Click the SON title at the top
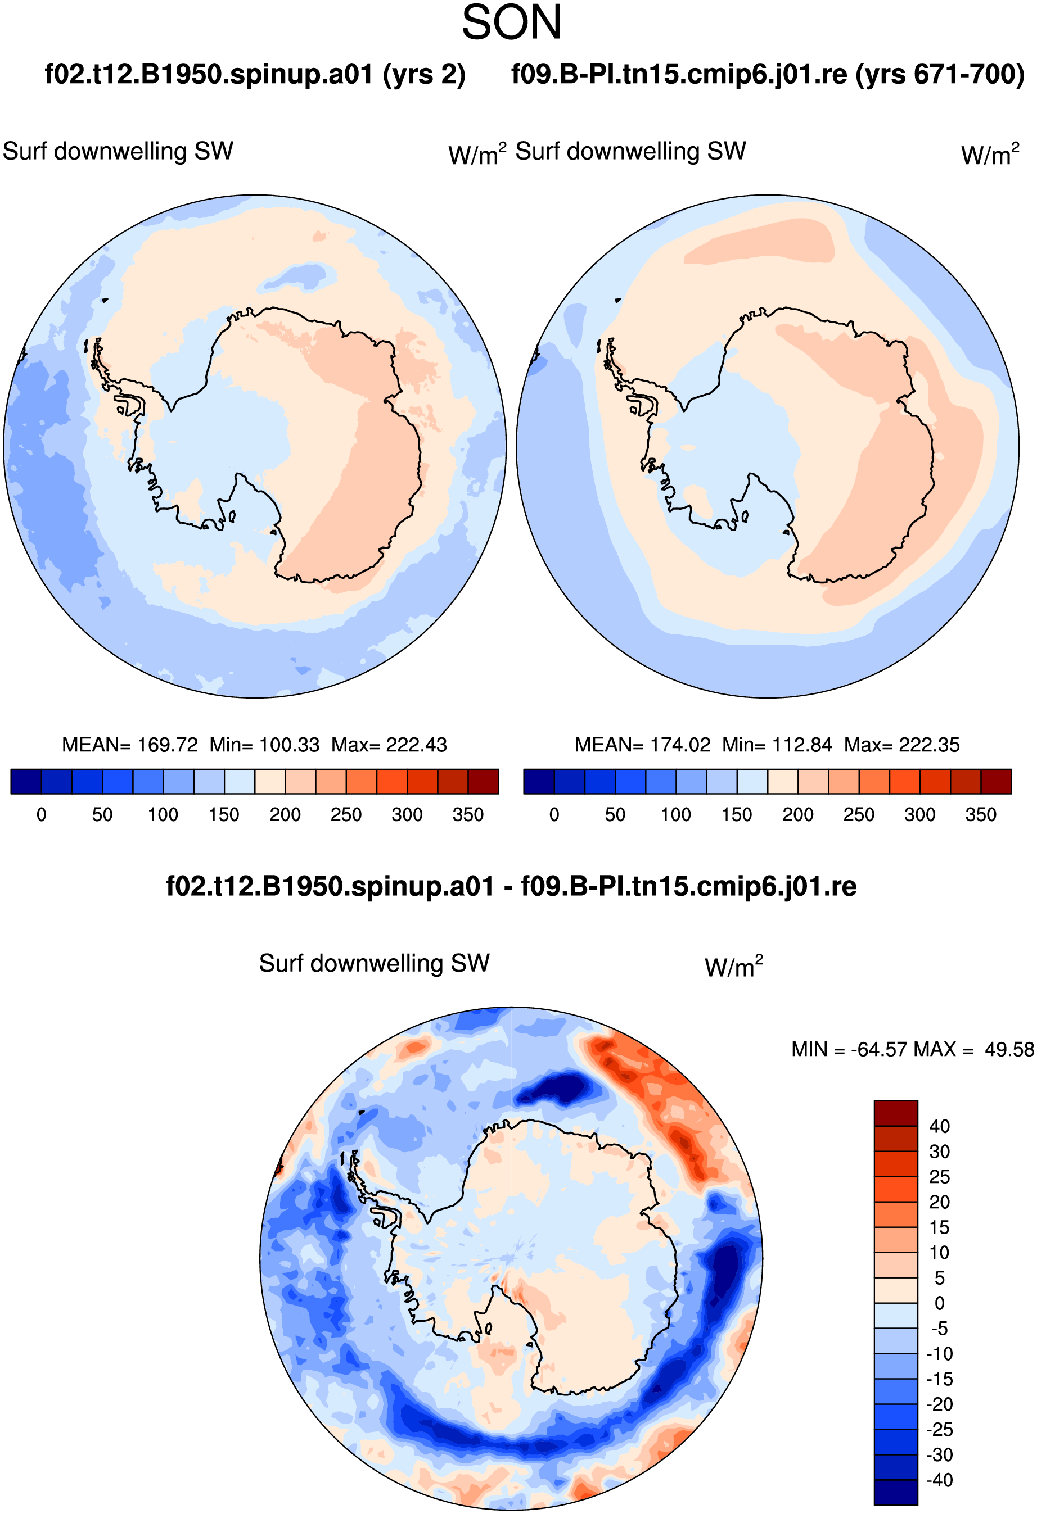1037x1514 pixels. (512, 23)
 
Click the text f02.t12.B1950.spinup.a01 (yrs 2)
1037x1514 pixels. (255, 74)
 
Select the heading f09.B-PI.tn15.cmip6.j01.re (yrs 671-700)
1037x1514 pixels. (768, 74)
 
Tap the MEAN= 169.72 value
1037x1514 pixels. (130, 745)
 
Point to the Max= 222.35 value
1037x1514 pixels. (901, 745)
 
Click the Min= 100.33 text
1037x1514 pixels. (265, 745)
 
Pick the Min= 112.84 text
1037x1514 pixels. (777, 745)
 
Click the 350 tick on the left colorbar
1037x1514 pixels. (468, 814)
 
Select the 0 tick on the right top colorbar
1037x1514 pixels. (554, 814)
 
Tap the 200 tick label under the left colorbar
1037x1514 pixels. (285, 814)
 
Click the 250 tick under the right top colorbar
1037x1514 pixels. (859, 814)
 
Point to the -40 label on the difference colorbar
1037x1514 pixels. (939, 1480)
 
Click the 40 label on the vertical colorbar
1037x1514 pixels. (939, 1126)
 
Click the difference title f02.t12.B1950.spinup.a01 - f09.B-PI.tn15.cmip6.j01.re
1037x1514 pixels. (511, 886)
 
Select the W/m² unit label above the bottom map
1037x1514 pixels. (734, 966)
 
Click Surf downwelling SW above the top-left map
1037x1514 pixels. (118, 151)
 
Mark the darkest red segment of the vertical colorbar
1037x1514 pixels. (896, 1113)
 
